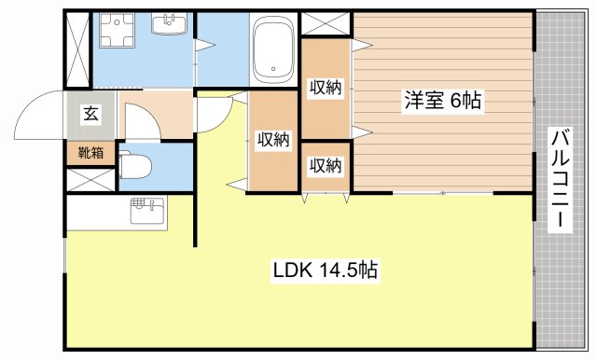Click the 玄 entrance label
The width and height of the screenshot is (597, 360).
tap(91, 114)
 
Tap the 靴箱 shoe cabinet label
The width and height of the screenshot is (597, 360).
tap(91, 152)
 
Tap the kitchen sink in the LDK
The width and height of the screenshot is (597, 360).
tap(143, 209)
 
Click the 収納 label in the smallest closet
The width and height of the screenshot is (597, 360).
tap(325, 166)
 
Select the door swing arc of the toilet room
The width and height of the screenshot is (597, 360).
tap(140, 119)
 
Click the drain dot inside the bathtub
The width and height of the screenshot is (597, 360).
tap(273, 67)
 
